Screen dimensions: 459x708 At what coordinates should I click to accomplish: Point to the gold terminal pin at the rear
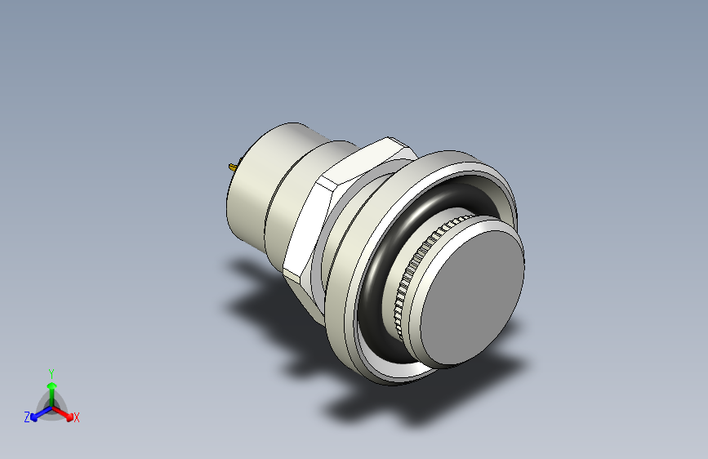233,167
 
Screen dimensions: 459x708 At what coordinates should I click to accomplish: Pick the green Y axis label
51,372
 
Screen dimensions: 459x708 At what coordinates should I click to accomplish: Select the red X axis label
77,418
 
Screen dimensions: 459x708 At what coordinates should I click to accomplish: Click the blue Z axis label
27,417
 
